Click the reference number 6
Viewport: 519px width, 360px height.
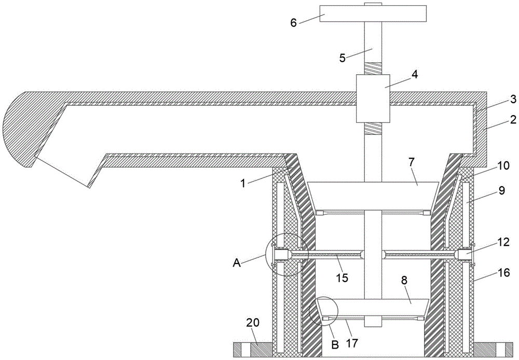(294, 23)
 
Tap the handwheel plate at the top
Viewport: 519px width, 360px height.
(373, 13)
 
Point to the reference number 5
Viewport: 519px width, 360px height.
(343, 58)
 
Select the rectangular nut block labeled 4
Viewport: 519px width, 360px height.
(373, 98)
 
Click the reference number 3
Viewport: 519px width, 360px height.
(513, 99)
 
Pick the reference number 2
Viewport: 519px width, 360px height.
(513, 119)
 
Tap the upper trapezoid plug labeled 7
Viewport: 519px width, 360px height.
(373, 195)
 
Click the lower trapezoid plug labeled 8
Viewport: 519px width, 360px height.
(373, 308)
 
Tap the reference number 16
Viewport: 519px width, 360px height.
(504, 273)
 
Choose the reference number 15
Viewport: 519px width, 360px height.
(343, 278)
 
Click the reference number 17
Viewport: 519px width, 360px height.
(352, 343)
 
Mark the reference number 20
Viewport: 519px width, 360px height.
(253, 323)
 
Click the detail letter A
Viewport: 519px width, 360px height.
(237, 263)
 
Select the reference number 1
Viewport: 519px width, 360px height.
(243, 183)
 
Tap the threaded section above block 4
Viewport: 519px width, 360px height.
(373, 68)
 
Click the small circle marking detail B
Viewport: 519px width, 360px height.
(323, 311)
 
